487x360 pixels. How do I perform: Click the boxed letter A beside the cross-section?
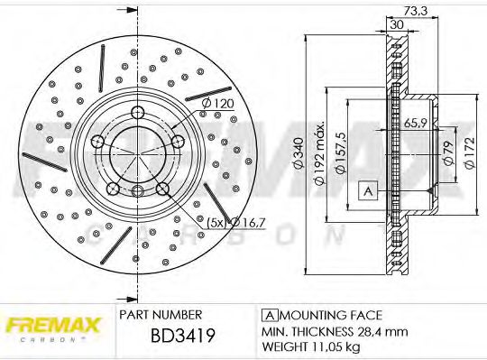point(368,190)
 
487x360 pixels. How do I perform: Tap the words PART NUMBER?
point(160,315)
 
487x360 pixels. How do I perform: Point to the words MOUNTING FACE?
point(329,315)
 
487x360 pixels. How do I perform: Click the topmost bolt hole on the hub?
point(137,112)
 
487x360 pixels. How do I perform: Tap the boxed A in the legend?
point(268,315)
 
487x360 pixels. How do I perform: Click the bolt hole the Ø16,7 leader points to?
point(163,189)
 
